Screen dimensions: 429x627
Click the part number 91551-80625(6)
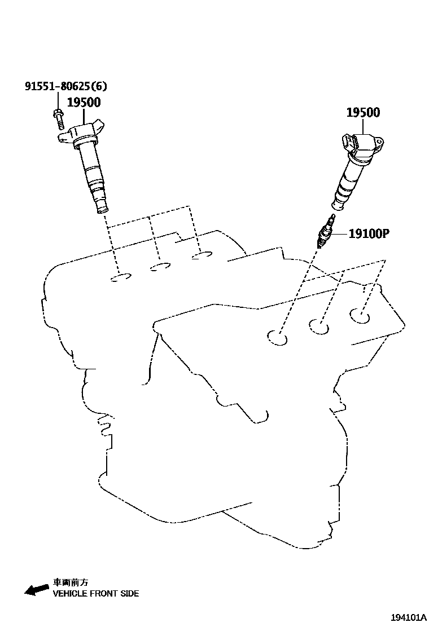(66, 86)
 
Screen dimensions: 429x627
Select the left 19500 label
(84, 103)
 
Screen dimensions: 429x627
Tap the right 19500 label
(363, 112)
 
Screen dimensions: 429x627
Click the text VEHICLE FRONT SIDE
(96, 593)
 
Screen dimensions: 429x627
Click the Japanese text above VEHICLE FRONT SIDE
(71, 582)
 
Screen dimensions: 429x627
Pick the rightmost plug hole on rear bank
(202, 257)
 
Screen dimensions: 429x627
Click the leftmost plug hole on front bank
(277, 338)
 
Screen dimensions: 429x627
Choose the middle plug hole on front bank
(319, 326)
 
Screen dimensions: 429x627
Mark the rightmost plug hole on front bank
(360, 316)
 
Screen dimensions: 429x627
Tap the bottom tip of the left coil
(103, 210)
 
